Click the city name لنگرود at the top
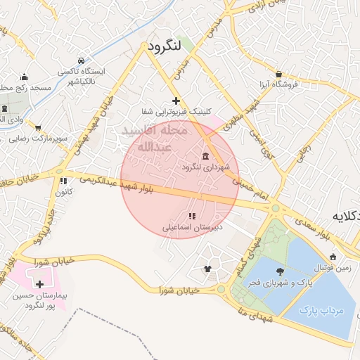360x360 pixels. point(165,46)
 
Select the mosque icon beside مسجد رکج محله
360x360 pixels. point(25,77)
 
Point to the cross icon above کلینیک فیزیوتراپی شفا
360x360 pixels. point(176,101)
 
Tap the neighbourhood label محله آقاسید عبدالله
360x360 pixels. point(154,139)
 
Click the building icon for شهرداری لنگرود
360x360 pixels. point(205,155)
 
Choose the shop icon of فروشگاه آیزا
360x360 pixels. point(278,74)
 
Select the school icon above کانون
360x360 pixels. point(64,181)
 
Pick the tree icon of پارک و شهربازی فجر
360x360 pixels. point(281,271)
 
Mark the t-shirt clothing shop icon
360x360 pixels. point(207,268)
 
